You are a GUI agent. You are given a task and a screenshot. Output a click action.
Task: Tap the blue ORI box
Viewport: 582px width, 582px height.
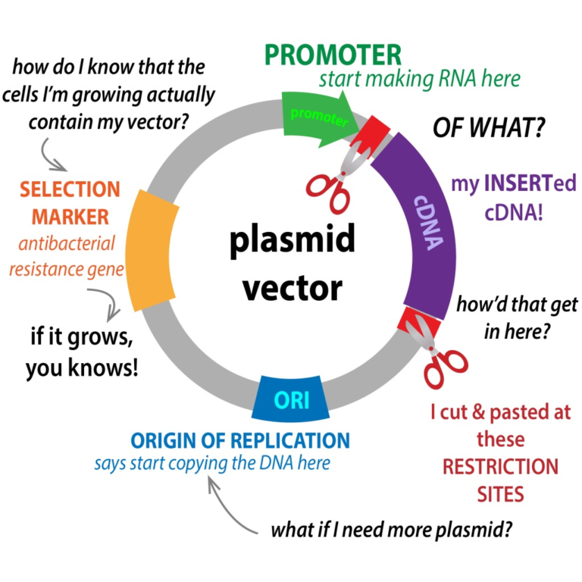[x=292, y=398]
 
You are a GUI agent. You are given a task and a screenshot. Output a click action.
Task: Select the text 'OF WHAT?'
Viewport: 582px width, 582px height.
[x=488, y=128]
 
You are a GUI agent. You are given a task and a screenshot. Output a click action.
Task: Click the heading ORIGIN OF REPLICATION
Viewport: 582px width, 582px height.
[x=239, y=440]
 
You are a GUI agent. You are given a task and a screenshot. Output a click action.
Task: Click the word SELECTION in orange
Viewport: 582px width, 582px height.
[x=70, y=189]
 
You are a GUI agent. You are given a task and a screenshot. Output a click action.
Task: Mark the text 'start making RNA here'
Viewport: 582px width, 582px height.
[x=419, y=79]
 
